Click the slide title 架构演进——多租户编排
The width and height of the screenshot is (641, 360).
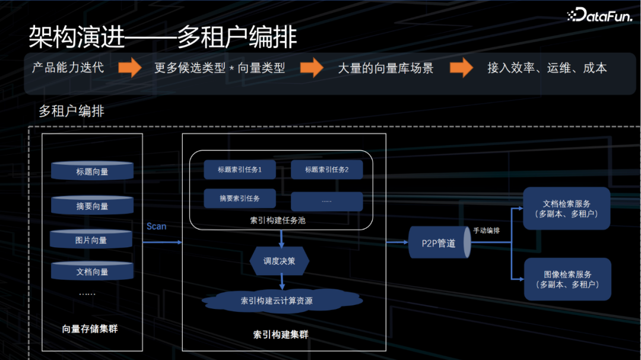tap(163, 37)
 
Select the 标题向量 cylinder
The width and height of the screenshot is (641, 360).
tap(92, 171)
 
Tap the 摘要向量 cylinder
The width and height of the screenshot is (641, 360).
tap(92, 205)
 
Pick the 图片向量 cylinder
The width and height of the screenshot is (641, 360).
tap(91, 239)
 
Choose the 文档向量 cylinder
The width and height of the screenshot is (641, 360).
tap(92, 271)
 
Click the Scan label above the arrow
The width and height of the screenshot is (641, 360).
tap(157, 226)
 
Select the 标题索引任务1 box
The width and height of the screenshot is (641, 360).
tap(239, 170)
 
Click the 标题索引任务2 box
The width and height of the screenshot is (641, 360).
tap(326, 170)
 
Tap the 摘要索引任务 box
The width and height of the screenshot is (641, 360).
tap(239, 198)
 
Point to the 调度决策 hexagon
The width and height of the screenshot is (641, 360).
tap(280, 261)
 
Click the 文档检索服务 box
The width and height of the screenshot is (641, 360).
tap(566, 208)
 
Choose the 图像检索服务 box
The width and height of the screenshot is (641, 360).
tap(567, 279)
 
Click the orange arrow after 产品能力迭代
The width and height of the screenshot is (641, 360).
tap(129, 68)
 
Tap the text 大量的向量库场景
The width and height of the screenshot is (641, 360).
tap(386, 68)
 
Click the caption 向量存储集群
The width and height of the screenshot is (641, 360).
tap(90, 328)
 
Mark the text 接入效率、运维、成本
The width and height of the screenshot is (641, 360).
tap(547, 68)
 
